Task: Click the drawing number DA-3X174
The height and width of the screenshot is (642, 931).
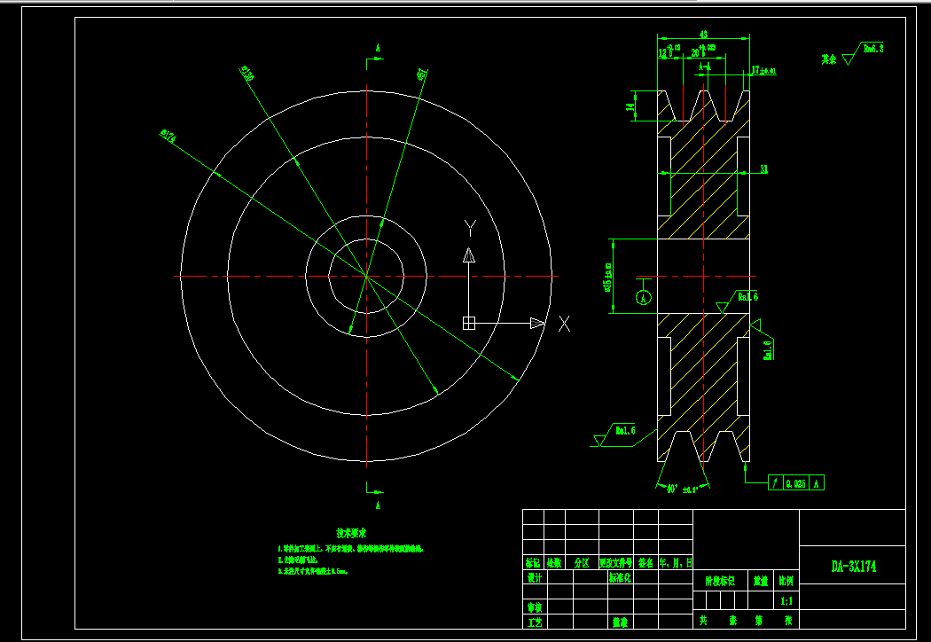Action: [x=853, y=566]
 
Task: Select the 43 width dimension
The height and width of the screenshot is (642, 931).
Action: [x=703, y=35]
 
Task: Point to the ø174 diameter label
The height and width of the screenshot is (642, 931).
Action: [x=168, y=136]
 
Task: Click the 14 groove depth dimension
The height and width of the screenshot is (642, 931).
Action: [x=630, y=106]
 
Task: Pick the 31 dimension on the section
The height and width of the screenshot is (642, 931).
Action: [x=763, y=168]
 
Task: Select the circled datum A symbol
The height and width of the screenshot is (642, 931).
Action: [x=645, y=296]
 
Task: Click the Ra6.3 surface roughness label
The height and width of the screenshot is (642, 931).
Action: [x=873, y=51]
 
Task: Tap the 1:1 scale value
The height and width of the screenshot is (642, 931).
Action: [x=786, y=601]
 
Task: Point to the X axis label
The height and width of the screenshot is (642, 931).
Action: [x=564, y=324]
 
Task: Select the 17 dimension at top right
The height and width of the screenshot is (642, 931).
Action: [x=763, y=69]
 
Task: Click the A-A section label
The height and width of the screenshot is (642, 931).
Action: [x=705, y=67]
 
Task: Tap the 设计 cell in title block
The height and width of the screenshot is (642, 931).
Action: [x=534, y=577]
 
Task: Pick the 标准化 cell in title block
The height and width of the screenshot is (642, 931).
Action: [x=620, y=577]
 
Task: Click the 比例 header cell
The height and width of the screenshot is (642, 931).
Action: [x=786, y=583]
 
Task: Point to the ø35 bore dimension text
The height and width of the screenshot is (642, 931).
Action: [x=608, y=276]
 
